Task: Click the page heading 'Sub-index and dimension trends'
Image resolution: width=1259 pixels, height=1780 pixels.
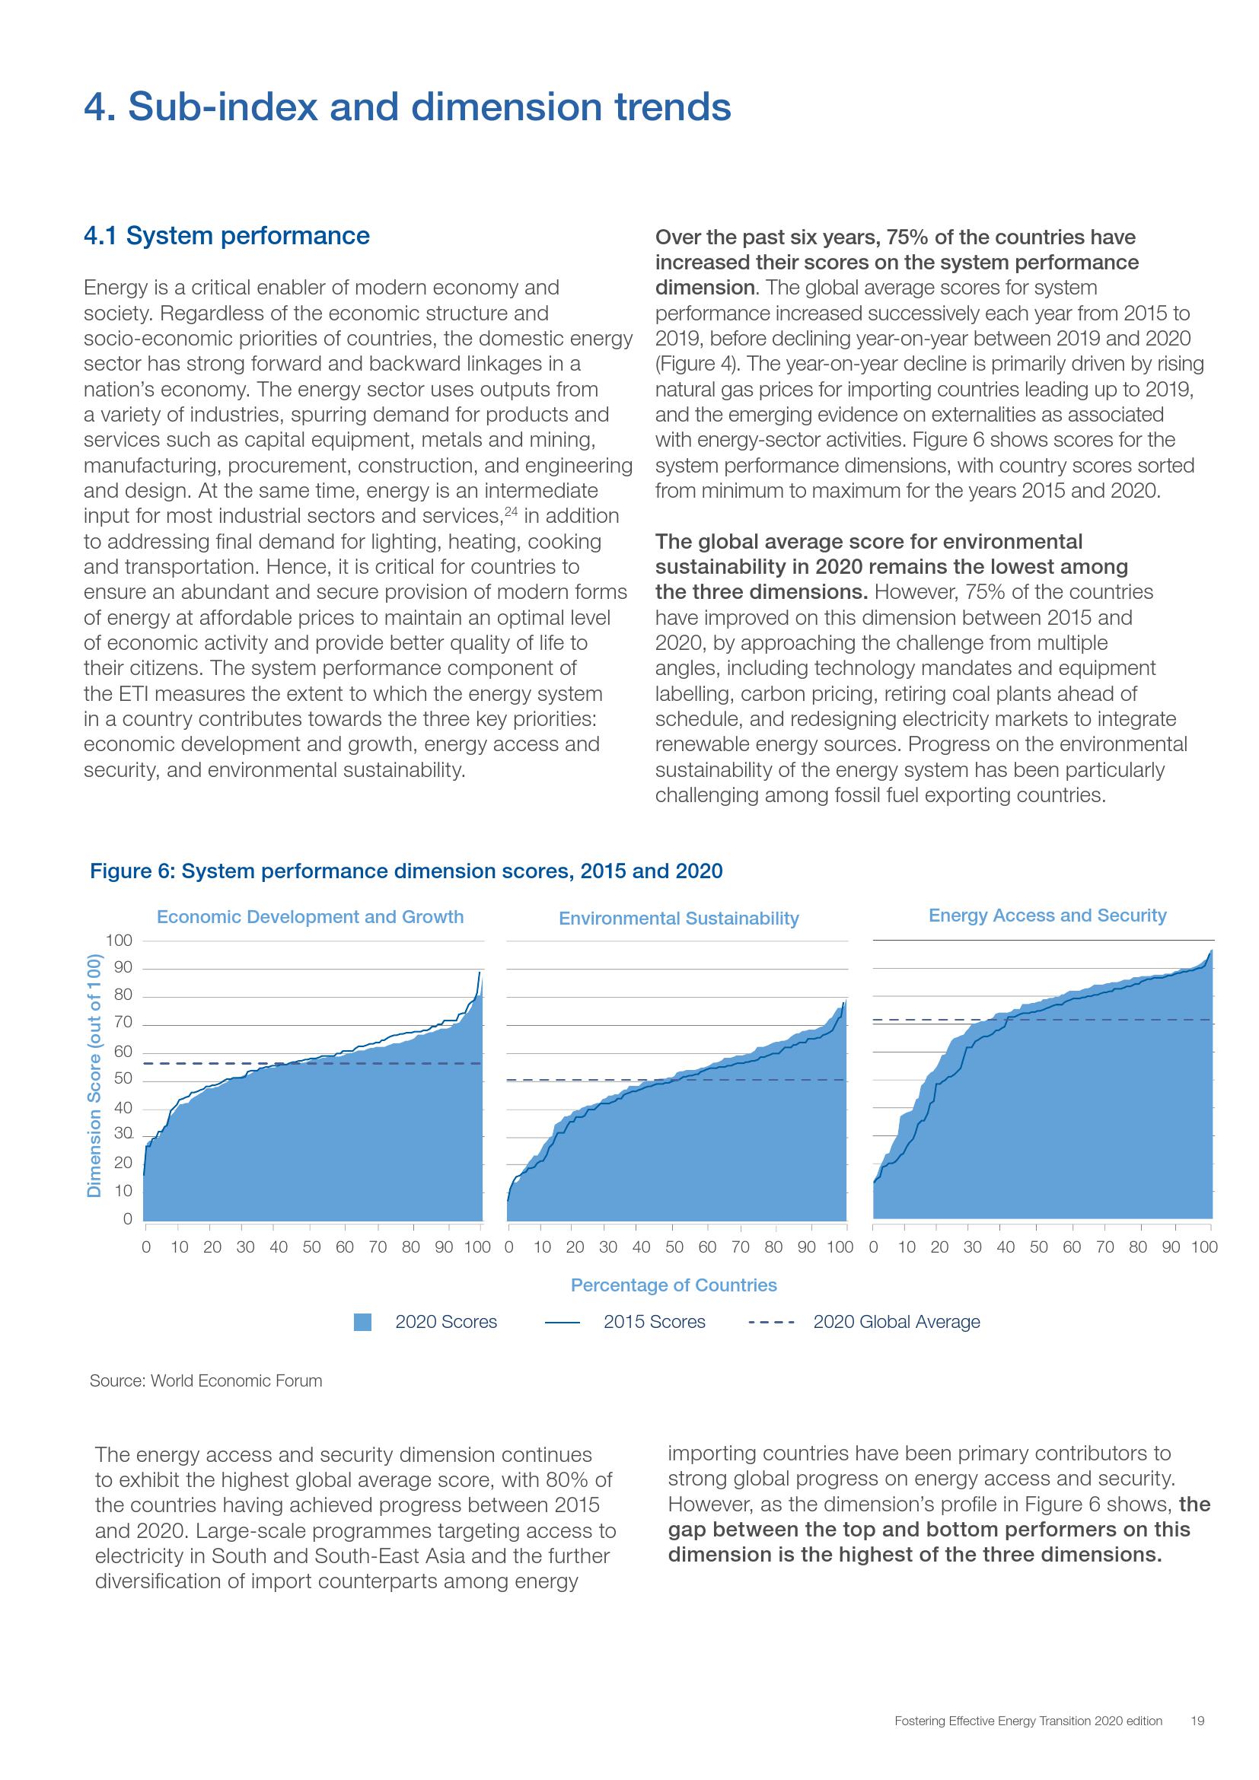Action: [x=429, y=107]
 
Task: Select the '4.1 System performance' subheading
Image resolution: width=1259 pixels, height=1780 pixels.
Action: [x=226, y=236]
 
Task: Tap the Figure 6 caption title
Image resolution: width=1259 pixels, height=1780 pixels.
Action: [x=406, y=871]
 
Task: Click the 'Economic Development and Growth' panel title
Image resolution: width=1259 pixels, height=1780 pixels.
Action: [x=310, y=916]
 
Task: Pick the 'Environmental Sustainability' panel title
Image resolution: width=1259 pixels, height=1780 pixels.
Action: [x=678, y=918]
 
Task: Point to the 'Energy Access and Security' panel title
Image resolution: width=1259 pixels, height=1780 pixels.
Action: [x=1047, y=915]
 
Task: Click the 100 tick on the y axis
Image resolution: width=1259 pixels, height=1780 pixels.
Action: [x=120, y=941]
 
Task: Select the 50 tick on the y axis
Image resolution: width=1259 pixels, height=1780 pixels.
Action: [x=123, y=1079]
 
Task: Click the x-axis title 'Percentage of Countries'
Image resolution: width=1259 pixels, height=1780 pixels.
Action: [x=674, y=1285]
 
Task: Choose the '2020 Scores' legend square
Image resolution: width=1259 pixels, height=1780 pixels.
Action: [x=362, y=1322]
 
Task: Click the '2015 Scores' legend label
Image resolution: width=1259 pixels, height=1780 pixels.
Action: [x=655, y=1322]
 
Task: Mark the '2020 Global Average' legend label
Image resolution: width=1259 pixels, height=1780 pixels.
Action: [x=896, y=1322]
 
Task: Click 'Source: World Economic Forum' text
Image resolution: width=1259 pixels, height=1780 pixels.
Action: [x=206, y=1380]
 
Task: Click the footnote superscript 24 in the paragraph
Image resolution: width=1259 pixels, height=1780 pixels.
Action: [x=512, y=511]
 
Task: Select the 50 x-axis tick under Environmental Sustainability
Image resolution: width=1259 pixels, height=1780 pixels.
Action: [x=674, y=1247]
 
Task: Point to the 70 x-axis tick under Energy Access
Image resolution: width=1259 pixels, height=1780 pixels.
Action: [x=1104, y=1247]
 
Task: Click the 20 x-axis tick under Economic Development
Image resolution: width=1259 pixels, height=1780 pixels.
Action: [x=212, y=1247]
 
